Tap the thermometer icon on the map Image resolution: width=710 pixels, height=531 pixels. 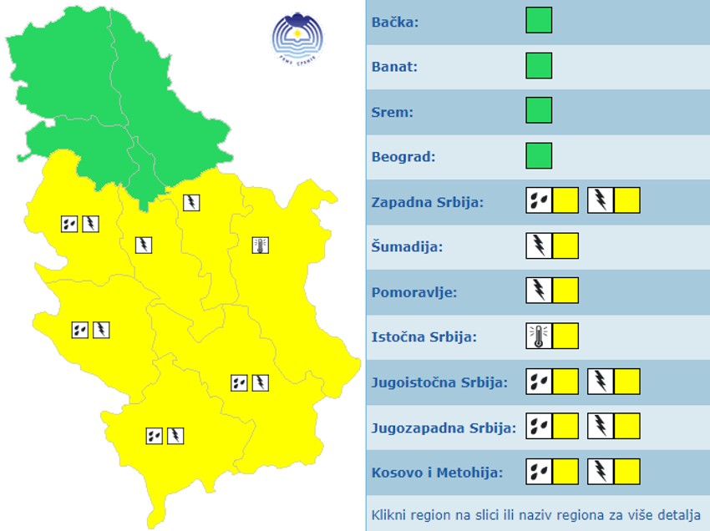coord(261,245)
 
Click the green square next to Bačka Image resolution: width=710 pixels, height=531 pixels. coord(539,20)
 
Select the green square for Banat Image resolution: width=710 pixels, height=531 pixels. coord(539,65)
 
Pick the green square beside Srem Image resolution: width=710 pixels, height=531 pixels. coord(539,110)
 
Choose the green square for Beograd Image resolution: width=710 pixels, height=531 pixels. coord(539,155)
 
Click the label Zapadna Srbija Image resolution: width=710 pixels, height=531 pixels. coord(427,201)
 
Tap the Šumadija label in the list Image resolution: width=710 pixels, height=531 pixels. coord(407,246)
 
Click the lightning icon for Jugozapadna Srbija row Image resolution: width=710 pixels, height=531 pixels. coord(601,427)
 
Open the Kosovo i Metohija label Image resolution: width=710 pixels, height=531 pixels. coord(437,473)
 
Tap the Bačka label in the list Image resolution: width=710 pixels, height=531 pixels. coord(395,22)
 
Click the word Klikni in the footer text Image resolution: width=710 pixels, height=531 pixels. coord(390,514)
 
